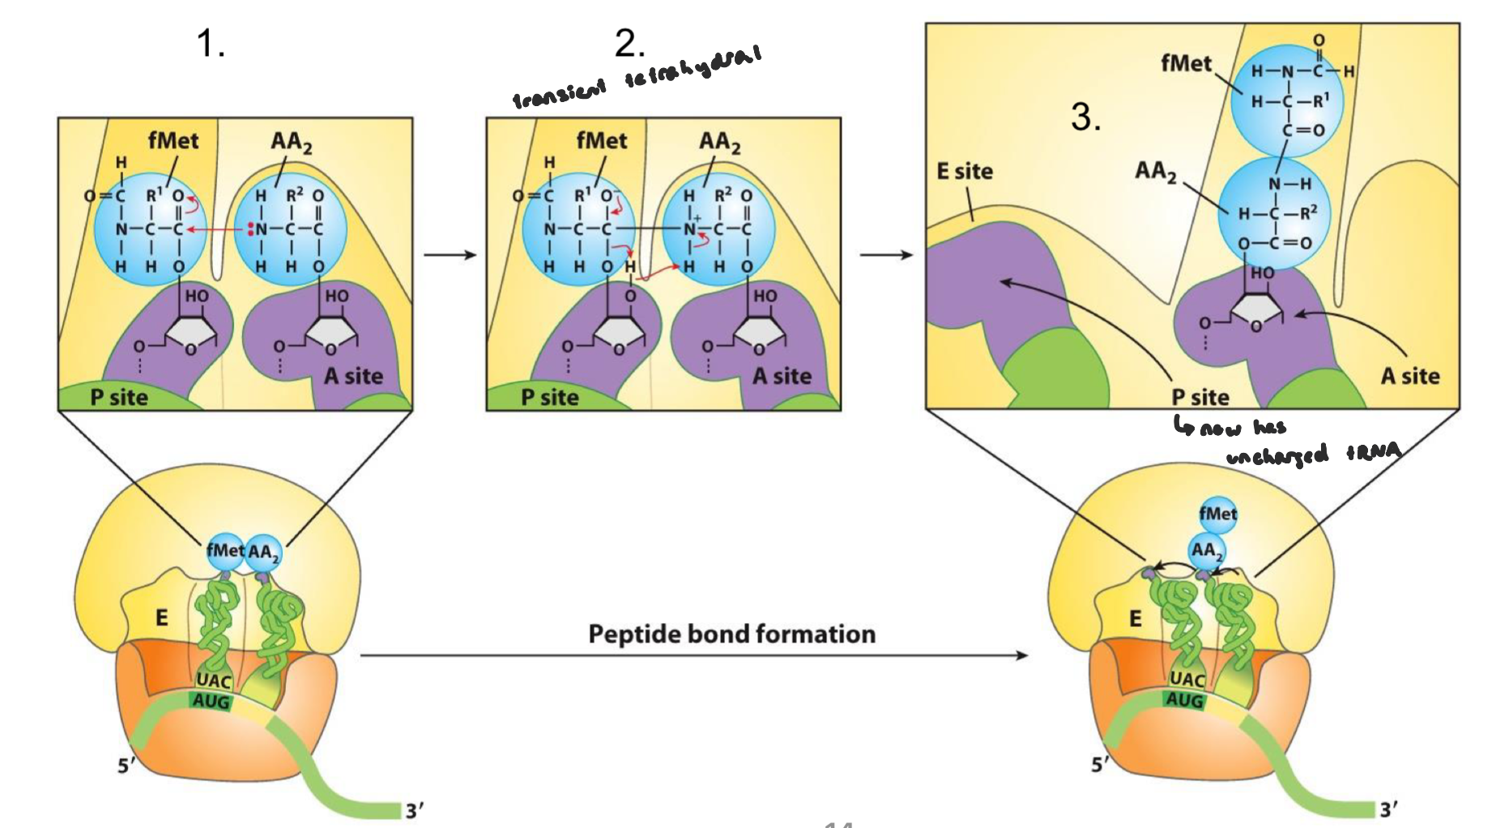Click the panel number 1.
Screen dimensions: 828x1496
coord(210,43)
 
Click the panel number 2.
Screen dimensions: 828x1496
coord(629,43)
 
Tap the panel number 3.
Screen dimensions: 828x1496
coord(1085,117)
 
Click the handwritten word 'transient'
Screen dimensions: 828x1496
coord(559,93)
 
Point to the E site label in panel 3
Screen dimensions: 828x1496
coord(964,171)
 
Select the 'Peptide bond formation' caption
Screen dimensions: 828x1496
coord(731,634)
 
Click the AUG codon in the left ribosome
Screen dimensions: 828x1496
coord(211,701)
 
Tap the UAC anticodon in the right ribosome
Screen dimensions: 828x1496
coord(1187,679)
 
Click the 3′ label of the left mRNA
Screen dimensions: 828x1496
coord(415,810)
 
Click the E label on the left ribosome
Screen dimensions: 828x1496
coord(162,618)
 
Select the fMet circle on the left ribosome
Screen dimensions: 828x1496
coord(224,551)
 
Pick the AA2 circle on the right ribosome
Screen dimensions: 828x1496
coord(1205,550)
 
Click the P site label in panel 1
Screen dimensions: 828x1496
coord(119,397)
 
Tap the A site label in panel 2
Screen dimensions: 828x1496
coord(782,376)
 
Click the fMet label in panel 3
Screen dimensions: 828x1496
coord(1186,63)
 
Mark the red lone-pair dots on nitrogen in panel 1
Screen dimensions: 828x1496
coord(251,228)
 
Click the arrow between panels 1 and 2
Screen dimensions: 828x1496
coord(450,255)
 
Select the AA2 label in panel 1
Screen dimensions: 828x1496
coord(291,142)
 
